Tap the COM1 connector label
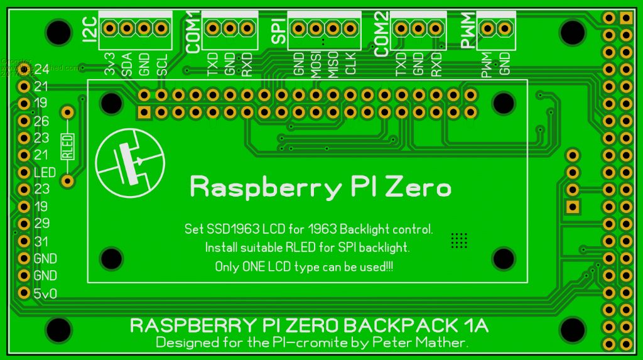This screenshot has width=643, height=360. tap(193, 31)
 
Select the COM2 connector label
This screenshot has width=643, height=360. tap(382, 33)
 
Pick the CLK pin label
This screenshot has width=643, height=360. tap(351, 64)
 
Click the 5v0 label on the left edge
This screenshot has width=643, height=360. tap(45, 293)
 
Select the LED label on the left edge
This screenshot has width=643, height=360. tap(45, 172)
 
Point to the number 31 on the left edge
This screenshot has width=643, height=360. tap(42, 241)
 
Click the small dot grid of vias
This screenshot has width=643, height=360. tap(459, 239)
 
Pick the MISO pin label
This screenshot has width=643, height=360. tap(333, 63)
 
